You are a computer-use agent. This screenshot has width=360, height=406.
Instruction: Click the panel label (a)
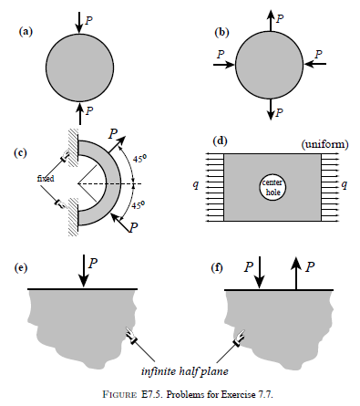(x=26, y=31)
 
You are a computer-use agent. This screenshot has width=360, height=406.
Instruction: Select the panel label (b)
(x=221, y=31)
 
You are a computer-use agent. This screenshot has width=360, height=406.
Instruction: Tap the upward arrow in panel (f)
(x=295, y=271)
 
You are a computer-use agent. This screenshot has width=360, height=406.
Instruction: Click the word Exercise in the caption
(x=221, y=394)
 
